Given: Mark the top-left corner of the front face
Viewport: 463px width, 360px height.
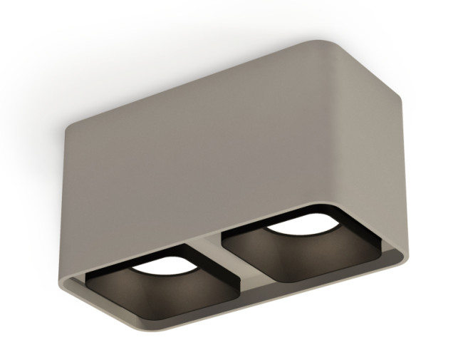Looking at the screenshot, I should click(x=70, y=130).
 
